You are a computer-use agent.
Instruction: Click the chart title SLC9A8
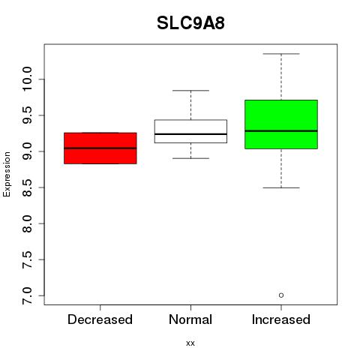[x=190, y=23]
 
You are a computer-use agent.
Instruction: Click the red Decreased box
[x=100, y=148]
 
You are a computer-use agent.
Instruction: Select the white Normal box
[x=190, y=131]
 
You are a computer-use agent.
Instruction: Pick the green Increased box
[x=281, y=124]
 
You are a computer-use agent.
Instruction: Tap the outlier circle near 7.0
[x=281, y=295]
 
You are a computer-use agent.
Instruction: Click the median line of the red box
[x=100, y=148]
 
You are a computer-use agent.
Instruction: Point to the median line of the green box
[x=281, y=130]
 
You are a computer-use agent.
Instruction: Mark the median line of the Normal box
[x=190, y=134]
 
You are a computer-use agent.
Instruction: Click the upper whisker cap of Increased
[x=281, y=54]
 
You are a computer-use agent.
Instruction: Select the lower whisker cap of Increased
[x=281, y=187]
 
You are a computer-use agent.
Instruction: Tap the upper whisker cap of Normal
[x=190, y=91]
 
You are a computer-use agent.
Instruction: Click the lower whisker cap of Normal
[x=190, y=158]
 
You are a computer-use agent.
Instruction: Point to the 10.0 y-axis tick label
[x=27, y=79]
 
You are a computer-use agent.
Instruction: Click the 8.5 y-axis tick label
[x=27, y=187]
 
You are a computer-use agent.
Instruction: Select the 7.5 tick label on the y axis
[x=27, y=259]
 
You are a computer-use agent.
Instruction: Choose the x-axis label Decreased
[x=100, y=319]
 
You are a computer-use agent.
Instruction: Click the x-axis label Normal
[x=190, y=319]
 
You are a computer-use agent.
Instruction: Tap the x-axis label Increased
[x=281, y=319]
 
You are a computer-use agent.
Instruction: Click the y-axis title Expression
[x=7, y=174]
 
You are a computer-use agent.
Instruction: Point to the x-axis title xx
[x=190, y=343]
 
